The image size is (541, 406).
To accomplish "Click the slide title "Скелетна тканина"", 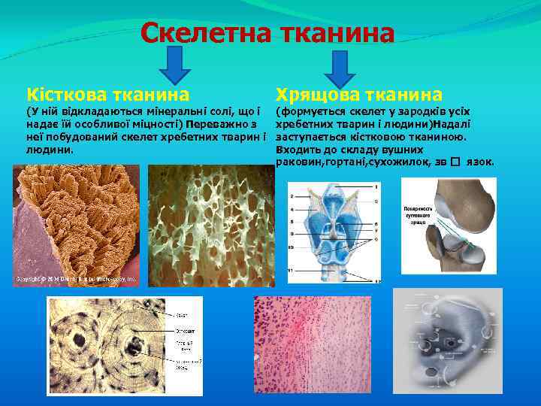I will coord(267,34).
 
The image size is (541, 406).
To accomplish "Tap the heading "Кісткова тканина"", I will coord(107,95).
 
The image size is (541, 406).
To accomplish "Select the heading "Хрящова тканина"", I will coord(359,95).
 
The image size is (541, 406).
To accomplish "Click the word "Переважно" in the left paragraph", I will coord(220,124).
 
